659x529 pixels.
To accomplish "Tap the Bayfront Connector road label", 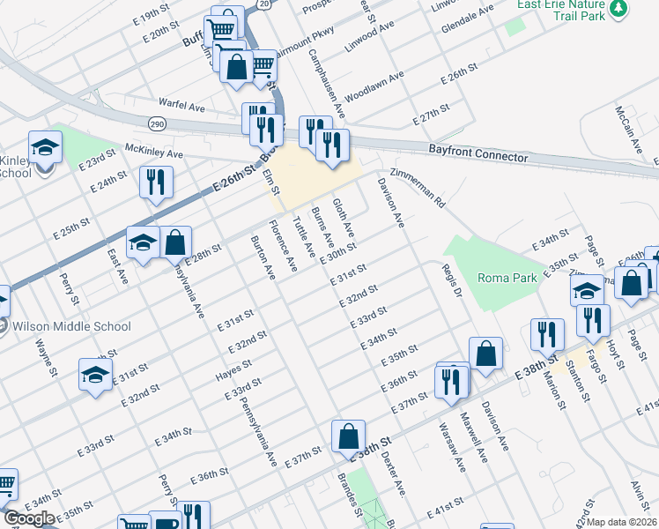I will (478, 153).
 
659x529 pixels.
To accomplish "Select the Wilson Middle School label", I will (72, 326).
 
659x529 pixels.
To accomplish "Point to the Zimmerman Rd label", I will (419, 187).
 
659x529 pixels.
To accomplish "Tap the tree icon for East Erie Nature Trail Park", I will (619, 8).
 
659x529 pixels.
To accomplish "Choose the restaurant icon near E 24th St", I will (156, 183).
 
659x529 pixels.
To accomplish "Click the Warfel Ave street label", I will (181, 106).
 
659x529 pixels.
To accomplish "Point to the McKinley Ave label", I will (153, 152).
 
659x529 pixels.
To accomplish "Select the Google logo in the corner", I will (30, 518).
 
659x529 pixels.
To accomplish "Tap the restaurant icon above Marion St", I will (549, 334).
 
